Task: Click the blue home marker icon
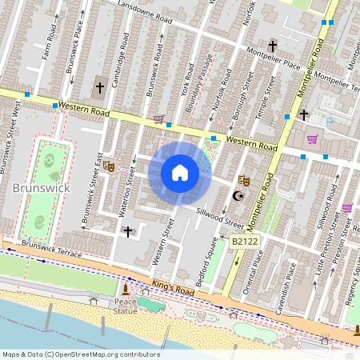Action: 180,173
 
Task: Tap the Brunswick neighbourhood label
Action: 42,188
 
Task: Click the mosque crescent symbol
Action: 236,196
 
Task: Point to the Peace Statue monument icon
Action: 125,290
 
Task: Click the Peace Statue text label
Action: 125,306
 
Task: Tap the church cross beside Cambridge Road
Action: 100,86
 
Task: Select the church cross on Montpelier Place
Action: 273,46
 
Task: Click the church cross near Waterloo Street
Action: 128,231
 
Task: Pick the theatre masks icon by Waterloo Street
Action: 109,166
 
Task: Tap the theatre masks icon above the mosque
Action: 244,181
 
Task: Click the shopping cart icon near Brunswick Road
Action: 158,120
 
